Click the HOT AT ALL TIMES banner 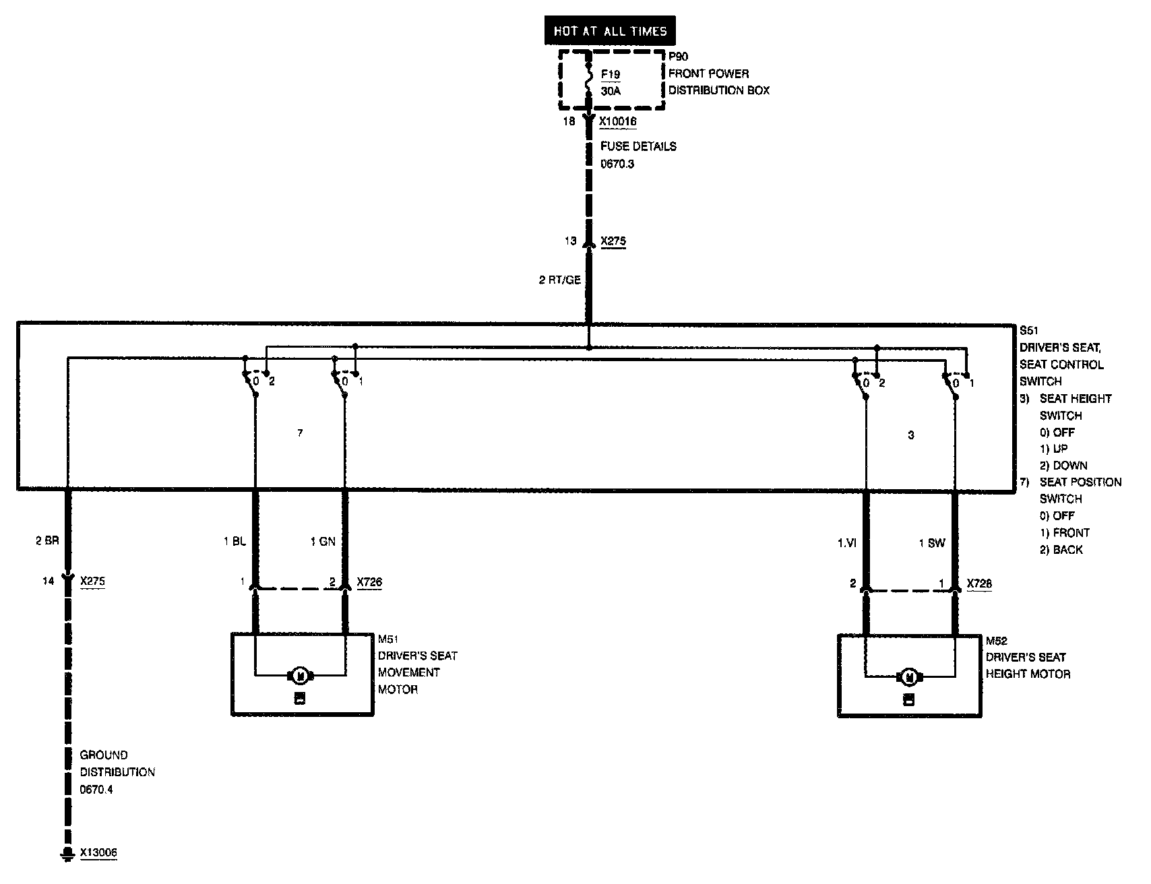(x=610, y=31)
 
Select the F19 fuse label (x=611, y=73)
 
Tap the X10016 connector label (x=618, y=122)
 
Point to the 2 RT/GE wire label (x=559, y=280)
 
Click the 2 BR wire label (x=48, y=540)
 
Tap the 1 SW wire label (x=932, y=543)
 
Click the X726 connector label (x=369, y=582)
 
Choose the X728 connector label (x=979, y=583)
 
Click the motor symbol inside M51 (x=300, y=675)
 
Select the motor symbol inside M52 (x=909, y=676)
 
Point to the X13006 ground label (x=98, y=853)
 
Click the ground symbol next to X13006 (x=66, y=854)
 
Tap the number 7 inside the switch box (x=300, y=433)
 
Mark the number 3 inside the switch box (x=911, y=435)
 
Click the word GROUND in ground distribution (x=104, y=755)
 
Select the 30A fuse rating (x=611, y=90)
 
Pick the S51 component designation (x=1029, y=331)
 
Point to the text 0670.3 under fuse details (x=617, y=163)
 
